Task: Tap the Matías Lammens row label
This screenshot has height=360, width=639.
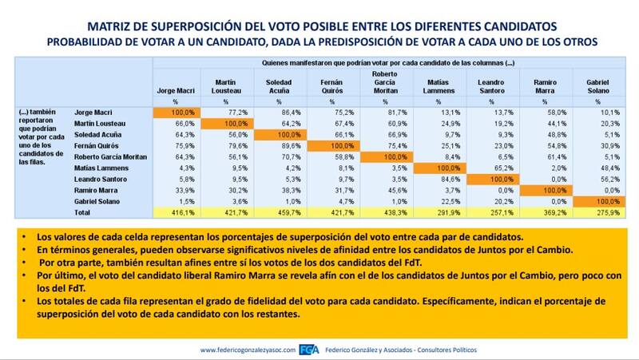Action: [x=100, y=169]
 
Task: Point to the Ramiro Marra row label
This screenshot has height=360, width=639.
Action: [x=96, y=192]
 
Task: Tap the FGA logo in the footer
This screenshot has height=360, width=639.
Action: [x=308, y=350]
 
